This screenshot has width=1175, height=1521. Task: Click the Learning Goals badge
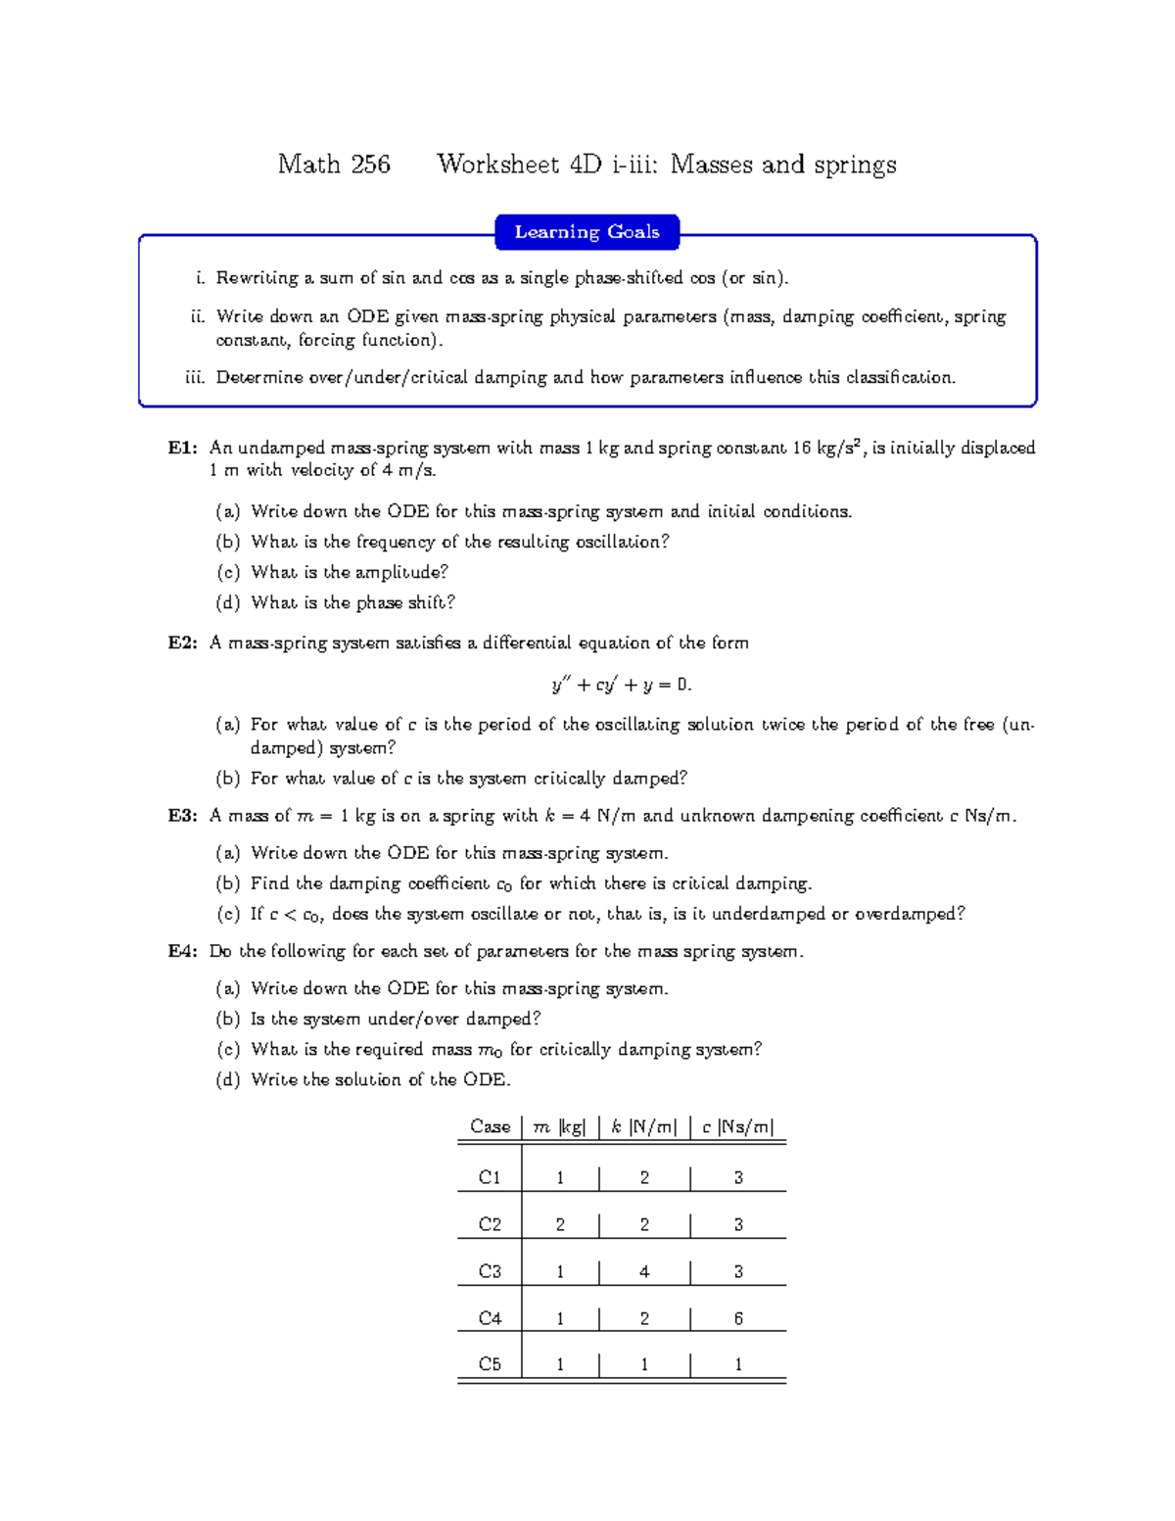tap(587, 232)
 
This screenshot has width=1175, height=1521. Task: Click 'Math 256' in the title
tap(334, 165)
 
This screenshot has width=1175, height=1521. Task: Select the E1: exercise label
tap(183, 448)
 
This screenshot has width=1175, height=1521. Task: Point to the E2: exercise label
tap(183, 642)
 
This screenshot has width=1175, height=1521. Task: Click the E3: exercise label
tap(183, 816)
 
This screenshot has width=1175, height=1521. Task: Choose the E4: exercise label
tap(183, 951)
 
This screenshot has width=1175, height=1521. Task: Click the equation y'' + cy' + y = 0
tap(622, 685)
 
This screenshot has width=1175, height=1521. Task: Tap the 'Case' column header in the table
tap(490, 1126)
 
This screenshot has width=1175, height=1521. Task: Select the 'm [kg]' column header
tap(559, 1126)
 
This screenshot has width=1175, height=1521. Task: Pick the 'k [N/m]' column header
tap(643, 1126)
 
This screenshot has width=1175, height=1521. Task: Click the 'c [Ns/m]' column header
tap(737, 1126)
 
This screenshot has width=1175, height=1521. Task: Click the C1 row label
tap(490, 1177)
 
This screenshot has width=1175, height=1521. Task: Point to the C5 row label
tap(490, 1364)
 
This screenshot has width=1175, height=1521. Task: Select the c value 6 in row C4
tap(738, 1318)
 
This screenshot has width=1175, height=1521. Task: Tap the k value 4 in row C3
tap(644, 1271)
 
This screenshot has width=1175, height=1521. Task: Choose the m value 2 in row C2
tap(560, 1224)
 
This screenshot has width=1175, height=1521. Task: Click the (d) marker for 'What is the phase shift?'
tap(228, 602)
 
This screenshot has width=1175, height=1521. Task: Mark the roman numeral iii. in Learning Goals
tap(195, 377)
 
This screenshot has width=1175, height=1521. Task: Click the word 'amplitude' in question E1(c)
tap(397, 572)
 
